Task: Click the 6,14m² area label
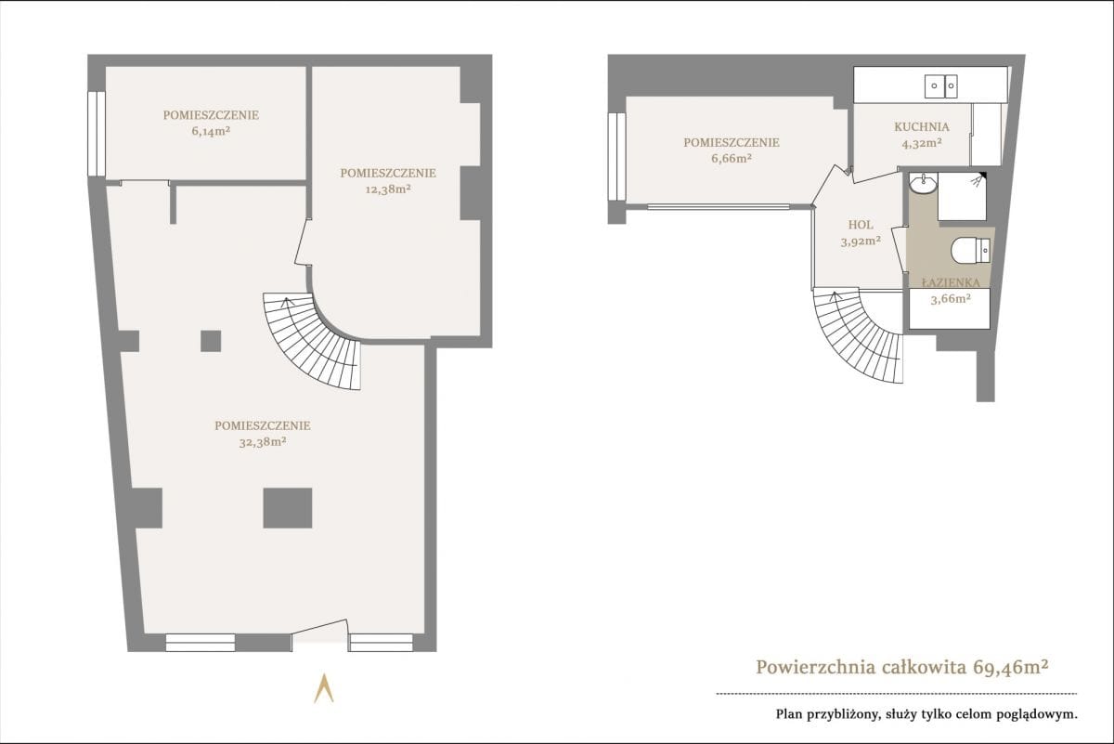211,131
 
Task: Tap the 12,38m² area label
388,189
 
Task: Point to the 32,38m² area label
263,442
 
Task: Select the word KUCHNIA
922,127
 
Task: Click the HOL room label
861,225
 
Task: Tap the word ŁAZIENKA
951,282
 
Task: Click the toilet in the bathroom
970,250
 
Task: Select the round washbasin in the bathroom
924,182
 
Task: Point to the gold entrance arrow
323,689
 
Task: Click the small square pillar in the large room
211,341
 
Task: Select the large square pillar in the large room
288,508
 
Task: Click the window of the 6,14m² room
97,134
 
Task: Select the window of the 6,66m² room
616,157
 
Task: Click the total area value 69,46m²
1011,667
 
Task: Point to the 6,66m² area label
732,158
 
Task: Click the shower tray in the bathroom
962,196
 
